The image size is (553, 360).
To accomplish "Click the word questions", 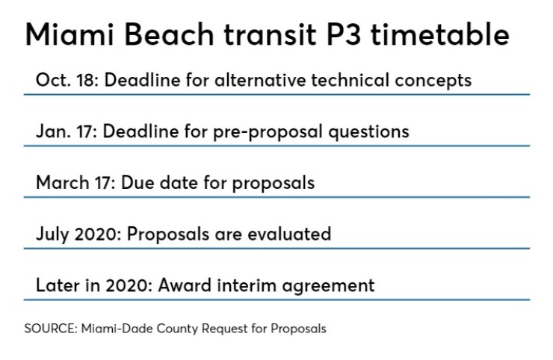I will tap(368, 132).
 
